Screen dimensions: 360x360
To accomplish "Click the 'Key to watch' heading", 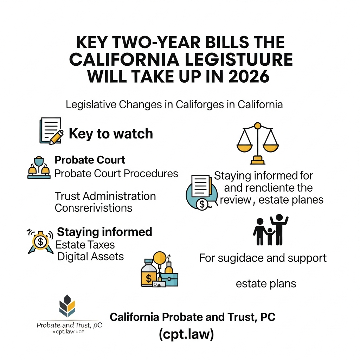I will coord(111,134).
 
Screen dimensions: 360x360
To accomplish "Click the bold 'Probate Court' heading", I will coord(90,160).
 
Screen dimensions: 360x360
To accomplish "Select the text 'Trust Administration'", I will coord(105,196).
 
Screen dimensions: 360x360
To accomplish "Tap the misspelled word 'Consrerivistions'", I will coord(94,207).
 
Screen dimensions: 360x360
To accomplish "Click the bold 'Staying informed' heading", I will coord(104,232).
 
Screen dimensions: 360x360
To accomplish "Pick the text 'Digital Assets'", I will coord(90,256).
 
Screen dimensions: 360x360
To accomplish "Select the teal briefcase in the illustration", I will coord(169,278).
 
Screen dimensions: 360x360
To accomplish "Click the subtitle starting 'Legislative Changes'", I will coord(174,105).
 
